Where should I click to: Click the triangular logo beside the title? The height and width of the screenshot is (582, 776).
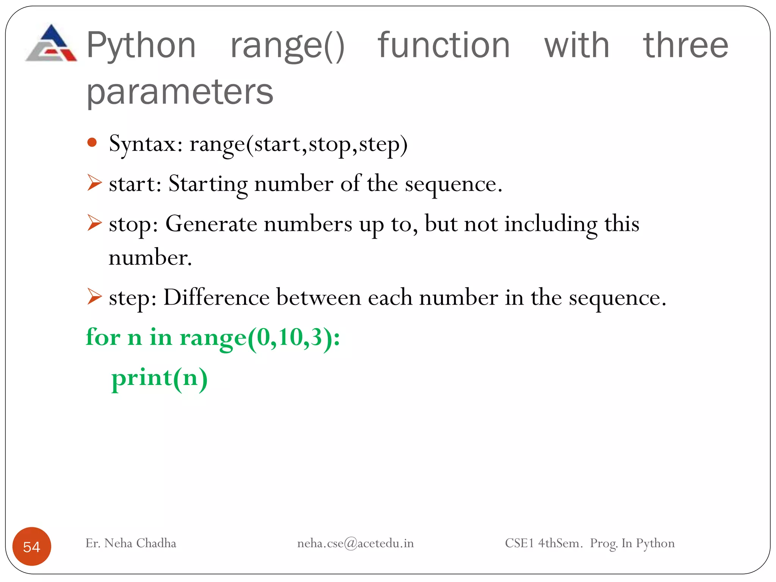51,44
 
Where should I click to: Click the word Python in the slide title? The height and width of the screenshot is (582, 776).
141,45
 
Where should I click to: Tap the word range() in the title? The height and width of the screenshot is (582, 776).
287,46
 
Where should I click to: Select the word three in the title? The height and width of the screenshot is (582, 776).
685,45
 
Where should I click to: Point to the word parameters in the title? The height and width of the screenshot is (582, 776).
180,92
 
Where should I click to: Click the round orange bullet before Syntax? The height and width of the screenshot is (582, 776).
92,143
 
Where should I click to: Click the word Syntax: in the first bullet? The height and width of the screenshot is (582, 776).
146,144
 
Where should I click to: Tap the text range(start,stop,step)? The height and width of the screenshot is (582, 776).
298,144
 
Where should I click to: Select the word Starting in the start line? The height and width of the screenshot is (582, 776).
208,185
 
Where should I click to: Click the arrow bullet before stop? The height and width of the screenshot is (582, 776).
94,222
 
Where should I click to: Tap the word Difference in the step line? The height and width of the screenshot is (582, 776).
216,297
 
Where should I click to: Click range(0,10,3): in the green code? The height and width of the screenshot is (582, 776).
260,338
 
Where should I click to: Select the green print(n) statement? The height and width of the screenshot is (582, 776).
159,378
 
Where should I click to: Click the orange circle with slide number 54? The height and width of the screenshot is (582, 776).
32,546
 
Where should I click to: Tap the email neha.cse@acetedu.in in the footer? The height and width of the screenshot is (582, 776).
355,543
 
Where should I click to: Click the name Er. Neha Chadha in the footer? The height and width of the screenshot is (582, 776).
131,543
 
